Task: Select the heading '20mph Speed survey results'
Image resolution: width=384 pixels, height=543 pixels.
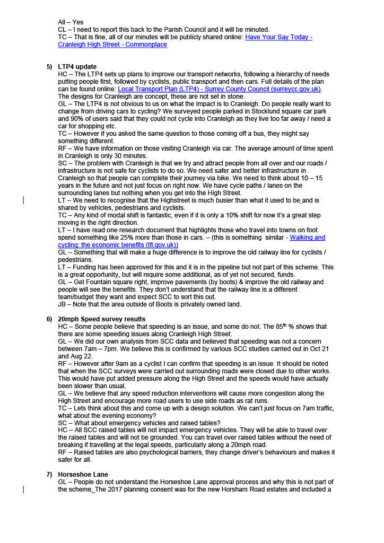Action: (x=101, y=319)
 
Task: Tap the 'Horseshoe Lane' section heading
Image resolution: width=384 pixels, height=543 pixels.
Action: (x=83, y=474)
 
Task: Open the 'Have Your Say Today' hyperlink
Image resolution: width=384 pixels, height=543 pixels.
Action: (x=278, y=37)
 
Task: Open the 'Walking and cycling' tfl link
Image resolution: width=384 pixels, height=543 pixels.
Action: (x=307, y=238)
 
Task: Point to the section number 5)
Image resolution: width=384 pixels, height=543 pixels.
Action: (x=49, y=66)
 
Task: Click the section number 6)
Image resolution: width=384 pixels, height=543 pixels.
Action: (x=49, y=319)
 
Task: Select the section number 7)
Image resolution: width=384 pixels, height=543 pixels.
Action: (x=49, y=474)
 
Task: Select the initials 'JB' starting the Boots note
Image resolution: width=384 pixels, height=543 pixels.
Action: (x=63, y=304)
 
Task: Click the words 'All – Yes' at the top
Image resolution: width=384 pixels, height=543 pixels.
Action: (x=71, y=22)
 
